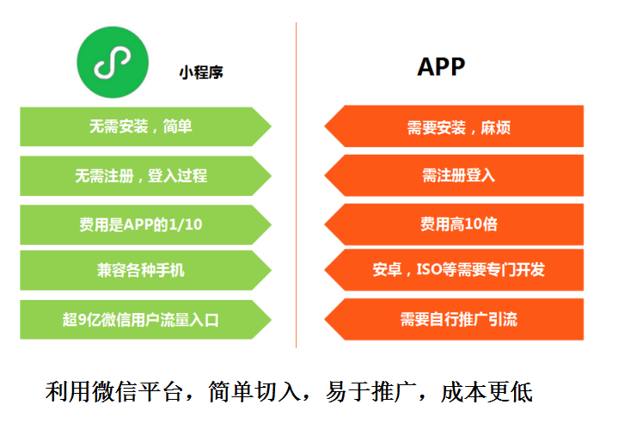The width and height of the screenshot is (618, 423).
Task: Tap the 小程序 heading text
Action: tap(201, 73)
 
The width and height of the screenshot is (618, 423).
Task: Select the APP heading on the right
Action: tap(441, 68)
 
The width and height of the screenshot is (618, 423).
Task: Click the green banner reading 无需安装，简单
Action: tap(141, 127)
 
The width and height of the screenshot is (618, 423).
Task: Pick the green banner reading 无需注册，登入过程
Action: tap(141, 176)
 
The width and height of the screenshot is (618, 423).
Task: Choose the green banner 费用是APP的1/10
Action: tap(141, 224)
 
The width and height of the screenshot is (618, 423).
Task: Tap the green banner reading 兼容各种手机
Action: tap(141, 271)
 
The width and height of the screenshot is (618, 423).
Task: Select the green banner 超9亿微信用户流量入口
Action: tap(141, 320)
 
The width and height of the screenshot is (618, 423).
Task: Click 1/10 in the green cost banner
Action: tap(186, 224)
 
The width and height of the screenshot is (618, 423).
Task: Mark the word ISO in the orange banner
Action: tap(429, 270)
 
